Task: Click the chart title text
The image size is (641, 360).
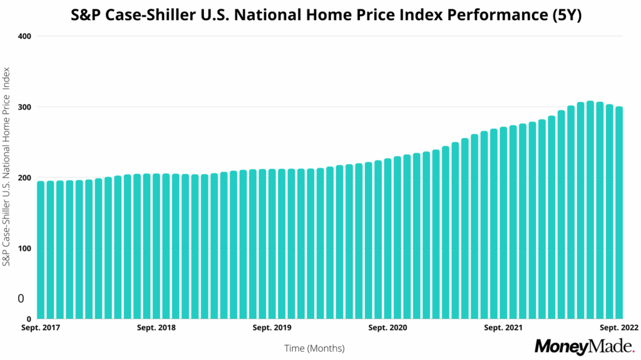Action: click(320, 16)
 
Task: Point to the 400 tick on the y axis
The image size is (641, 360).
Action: click(24, 36)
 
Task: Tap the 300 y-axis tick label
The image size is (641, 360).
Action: click(24, 107)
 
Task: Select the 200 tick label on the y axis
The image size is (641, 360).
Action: click(24, 178)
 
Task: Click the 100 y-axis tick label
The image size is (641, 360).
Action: click(24, 249)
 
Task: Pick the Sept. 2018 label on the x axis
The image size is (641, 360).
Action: click(156, 327)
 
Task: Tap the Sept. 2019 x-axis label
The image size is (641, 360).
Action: click(272, 327)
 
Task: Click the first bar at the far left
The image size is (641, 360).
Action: click(41, 250)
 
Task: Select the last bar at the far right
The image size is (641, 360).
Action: click(619, 213)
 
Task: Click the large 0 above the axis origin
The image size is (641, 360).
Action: click(21, 299)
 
